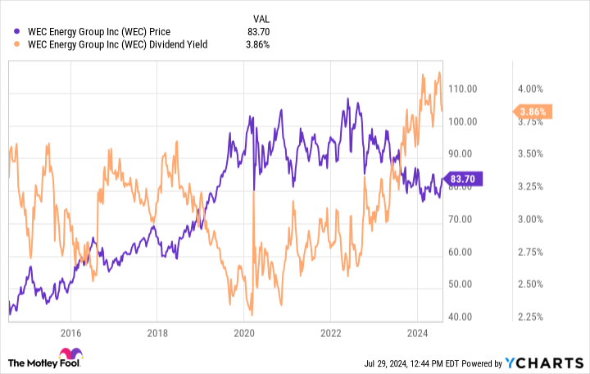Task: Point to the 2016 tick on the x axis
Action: (x=70, y=333)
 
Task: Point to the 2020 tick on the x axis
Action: (x=244, y=333)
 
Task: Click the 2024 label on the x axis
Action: (x=417, y=333)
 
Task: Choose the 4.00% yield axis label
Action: (x=529, y=89)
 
